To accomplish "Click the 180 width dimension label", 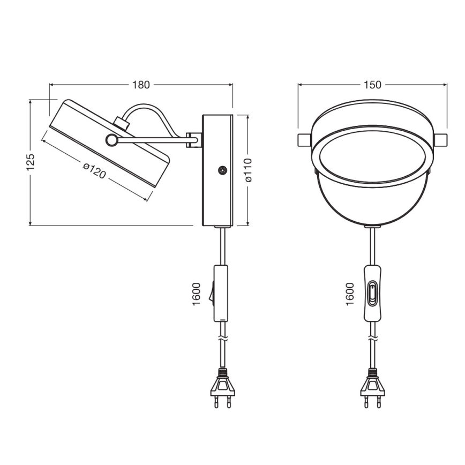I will click(141, 85).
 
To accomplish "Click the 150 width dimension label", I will click(372, 85).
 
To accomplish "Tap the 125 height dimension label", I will click(31, 161).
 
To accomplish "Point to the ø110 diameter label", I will click(247, 169).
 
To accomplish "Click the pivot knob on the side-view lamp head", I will click(111, 140).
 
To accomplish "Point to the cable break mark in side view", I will click(222, 339).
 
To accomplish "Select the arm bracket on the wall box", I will click(193, 140).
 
